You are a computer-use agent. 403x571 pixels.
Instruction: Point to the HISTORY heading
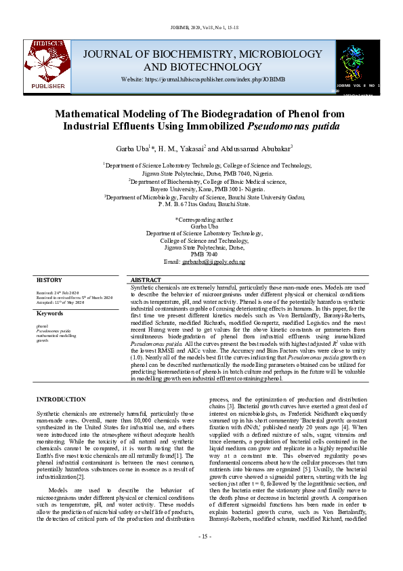click(49, 280)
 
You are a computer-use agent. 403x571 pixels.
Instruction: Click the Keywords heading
click(49, 313)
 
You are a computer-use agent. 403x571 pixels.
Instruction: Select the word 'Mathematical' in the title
click(104, 113)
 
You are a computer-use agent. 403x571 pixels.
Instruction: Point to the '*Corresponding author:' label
click(202, 220)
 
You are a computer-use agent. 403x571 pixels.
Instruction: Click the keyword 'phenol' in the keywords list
click(42, 326)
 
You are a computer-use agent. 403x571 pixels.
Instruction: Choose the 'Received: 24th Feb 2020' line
click(57, 292)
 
